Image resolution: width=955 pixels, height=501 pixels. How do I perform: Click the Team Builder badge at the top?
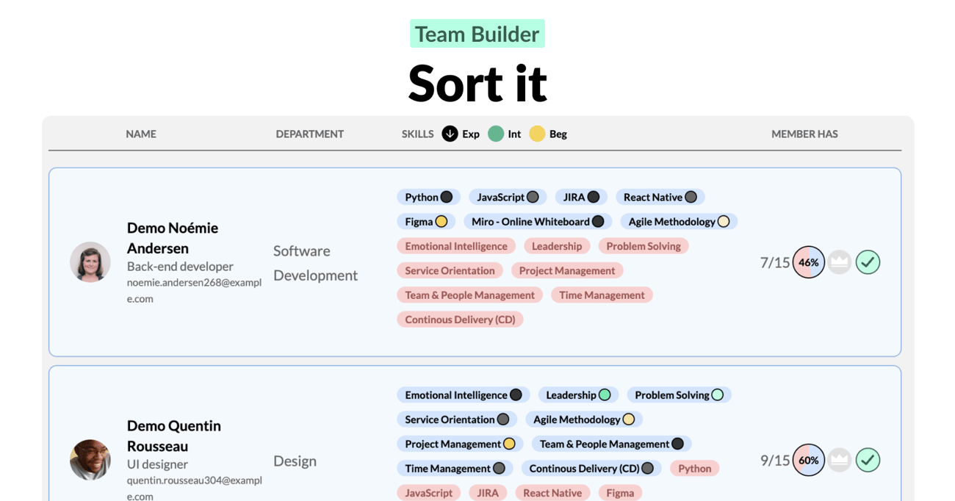pyautogui.click(x=477, y=34)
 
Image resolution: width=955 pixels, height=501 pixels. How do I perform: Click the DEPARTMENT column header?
pyautogui.click(x=309, y=134)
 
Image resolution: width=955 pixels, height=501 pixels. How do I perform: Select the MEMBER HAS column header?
pyautogui.click(x=804, y=134)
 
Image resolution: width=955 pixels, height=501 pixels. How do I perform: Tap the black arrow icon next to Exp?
pyautogui.click(x=450, y=134)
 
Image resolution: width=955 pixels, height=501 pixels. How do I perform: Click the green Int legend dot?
pyautogui.click(x=496, y=134)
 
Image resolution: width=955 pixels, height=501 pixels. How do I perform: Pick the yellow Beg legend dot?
pyautogui.click(x=537, y=134)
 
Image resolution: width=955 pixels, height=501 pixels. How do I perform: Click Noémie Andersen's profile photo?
pyautogui.click(x=90, y=262)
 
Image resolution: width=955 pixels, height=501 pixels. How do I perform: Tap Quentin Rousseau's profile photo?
pyautogui.click(x=90, y=460)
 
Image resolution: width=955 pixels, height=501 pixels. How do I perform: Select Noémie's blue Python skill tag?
pyautogui.click(x=428, y=197)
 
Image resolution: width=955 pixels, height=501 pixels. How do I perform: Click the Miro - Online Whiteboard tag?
pyautogui.click(x=538, y=222)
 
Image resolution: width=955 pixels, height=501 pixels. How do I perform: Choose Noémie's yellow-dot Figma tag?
pyautogui.click(x=426, y=222)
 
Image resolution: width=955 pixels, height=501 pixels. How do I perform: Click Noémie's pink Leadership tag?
pyautogui.click(x=557, y=246)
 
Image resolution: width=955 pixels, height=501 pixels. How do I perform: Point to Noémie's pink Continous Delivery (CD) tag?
pyautogui.click(x=460, y=320)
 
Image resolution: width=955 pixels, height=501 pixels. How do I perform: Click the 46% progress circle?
pyautogui.click(x=808, y=262)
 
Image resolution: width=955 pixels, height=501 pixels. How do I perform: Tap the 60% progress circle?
pyautogui.click(x=808, y=460)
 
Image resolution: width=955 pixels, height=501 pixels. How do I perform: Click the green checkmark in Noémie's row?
pyautogui.click(x=868, y=262)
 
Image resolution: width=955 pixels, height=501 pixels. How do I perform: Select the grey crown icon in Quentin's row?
pyautogui.click(x=840, y=460)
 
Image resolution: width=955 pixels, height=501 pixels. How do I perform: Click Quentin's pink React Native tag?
pyautogui.click(x=552, y=493)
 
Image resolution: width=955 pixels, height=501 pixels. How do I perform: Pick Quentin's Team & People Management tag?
pyautogui.click(x=611, y=444)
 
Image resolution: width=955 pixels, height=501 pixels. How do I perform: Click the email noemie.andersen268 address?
pyautogui.click(x=194, y=290)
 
